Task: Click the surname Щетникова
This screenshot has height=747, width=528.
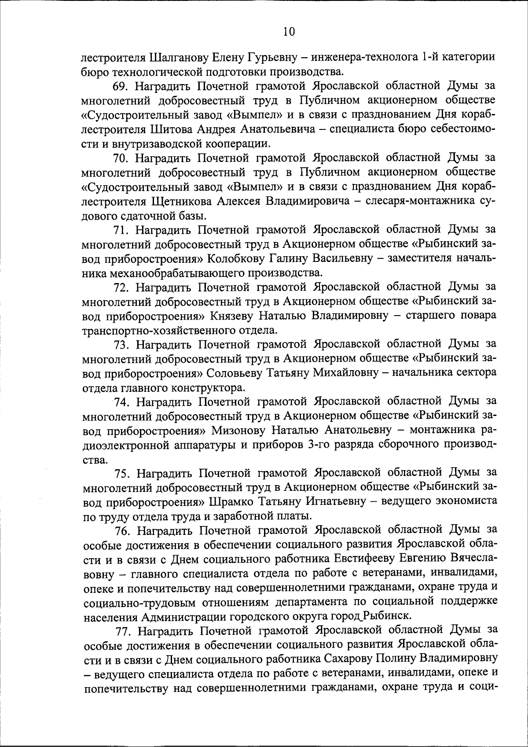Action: tap(183, 201)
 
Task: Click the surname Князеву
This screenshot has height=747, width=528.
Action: tap(231, 316)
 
